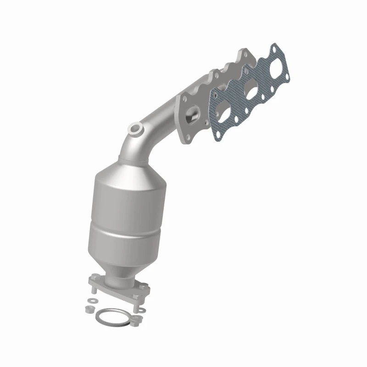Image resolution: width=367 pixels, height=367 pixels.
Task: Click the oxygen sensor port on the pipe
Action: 135,129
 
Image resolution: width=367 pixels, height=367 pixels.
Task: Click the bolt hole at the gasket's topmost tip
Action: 274,48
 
